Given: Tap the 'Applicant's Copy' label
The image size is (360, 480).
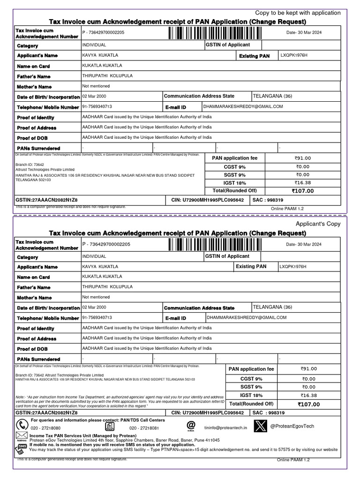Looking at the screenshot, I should (x=318, y=224).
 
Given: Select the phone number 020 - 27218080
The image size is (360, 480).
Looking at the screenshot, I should (x=45, y=428).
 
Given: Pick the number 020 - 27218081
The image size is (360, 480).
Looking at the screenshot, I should (x=144, y=428).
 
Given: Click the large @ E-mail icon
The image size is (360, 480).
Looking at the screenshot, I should (x=191, y=425).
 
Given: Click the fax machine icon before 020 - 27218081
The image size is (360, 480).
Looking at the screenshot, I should (x=109, y=426).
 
